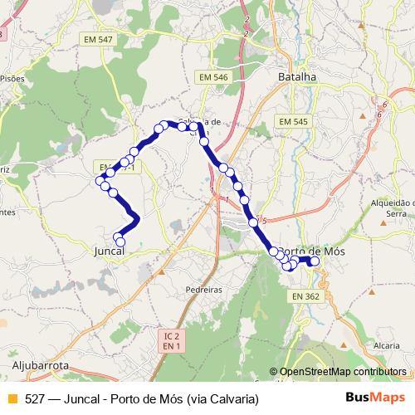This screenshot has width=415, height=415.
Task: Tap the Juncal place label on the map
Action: pyautogui.click(x=110, y=250)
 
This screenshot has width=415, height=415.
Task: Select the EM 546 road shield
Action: pyautogui.click(x=212, y=77)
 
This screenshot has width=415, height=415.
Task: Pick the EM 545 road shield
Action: pyautogui.click(x=293, y=121)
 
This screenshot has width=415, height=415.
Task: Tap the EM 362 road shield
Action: pyautogui.click(x=305, y=295)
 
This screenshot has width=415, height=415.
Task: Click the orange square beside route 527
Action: pyautogui.click(x=11, y=398)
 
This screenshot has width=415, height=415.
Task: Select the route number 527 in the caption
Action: pyautogui.click(x=34, y=398)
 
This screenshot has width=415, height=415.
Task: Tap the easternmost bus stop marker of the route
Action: pyautogui.click(x=315, y=261)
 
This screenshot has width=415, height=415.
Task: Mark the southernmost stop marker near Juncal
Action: pyautogui.click(x=121, y=241)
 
